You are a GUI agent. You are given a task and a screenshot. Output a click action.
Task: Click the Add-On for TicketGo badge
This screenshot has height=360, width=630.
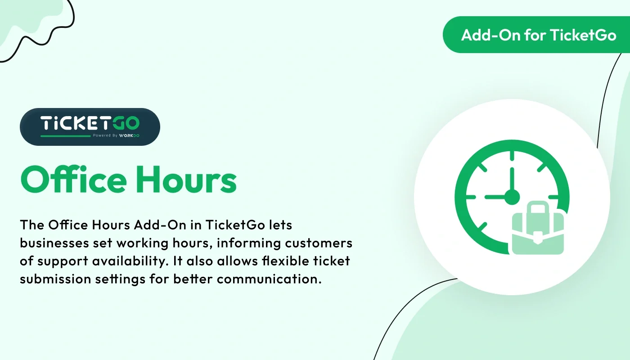[x=538, y=35]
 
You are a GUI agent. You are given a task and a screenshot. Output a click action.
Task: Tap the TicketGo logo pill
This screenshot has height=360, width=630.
[x=90, y=126]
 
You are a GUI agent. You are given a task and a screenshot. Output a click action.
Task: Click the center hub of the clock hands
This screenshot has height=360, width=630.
[x=512, y=197]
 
